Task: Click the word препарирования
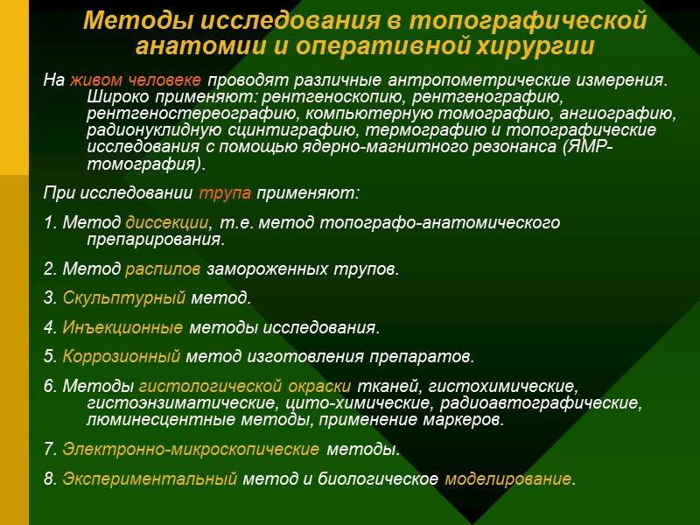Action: pyautogui.click(x=156, y=239)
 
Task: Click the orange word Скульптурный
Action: pyautogui.click(x=124, y=298)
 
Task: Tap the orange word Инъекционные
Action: pyautogui.click(x=123, y=328)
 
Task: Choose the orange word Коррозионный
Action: pyautogui.click(x=122, y=357)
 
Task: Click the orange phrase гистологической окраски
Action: pyautogui.click(x=245, y=387)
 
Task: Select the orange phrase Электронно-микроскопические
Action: pyautogui.click(x=191, y=451)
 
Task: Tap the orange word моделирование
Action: pyautogui.click(x=508, y=479)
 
